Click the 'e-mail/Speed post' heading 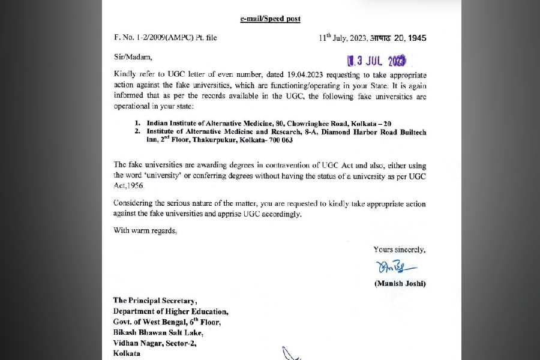[x=270, y=19]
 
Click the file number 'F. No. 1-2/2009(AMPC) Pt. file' [x=165, y=38]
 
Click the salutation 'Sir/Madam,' [x=133, y=57]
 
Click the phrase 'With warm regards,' [x=145, y=230]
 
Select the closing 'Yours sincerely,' [x=400, y=249]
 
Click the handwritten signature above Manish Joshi [x=399, y=266]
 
